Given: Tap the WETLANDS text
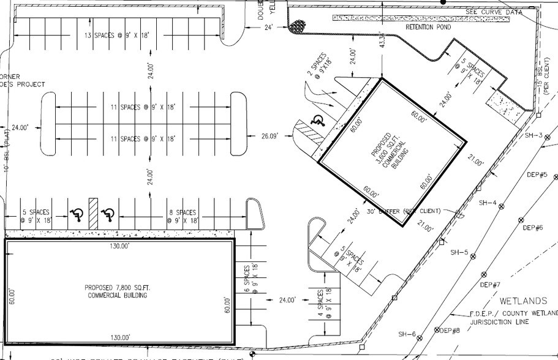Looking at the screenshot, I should [x=522, y=301].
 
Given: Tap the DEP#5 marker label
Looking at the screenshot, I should [x=537, y=175].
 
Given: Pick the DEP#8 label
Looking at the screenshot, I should [x=450, y=331].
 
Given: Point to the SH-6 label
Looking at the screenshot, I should [x=407, y=334].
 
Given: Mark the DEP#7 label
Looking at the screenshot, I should [x=490, y=285].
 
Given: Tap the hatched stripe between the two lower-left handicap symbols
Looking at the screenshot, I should [x=92, y=214].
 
